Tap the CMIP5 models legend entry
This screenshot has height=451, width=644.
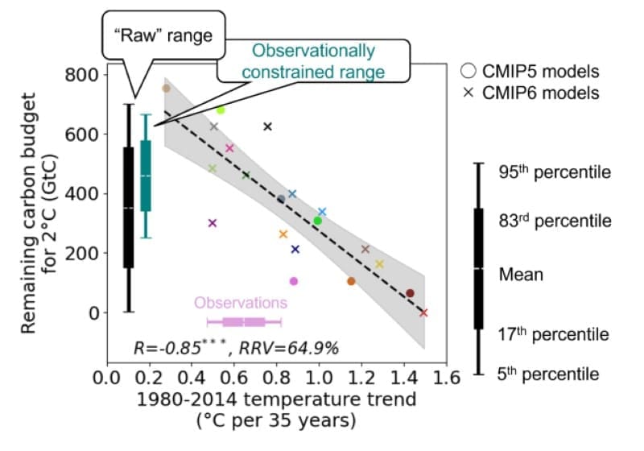[x=533, y=71]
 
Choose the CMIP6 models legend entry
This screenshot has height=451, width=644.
[x=533, y=93]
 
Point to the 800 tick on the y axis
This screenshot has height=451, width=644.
[x=80, y=75]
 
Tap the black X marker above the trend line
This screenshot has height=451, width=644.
[x=268, y=126]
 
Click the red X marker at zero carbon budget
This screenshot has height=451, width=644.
[x=423, y=312]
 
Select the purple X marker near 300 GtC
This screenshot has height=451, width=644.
[x=213, y=223]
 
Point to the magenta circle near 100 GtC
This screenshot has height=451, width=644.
[x=293, y=281]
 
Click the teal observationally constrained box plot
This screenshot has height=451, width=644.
[x=146, y=176]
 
